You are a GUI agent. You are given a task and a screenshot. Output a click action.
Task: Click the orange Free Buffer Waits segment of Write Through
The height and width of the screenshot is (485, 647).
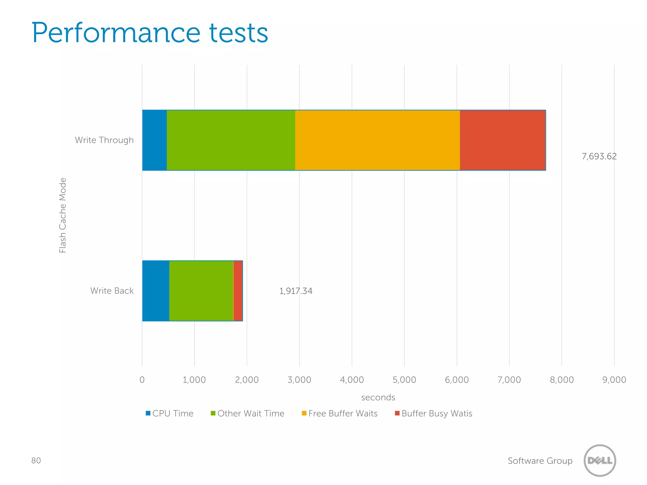pos(377,140)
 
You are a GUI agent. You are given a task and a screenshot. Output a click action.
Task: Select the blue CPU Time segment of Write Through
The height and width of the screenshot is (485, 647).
pos(154,140)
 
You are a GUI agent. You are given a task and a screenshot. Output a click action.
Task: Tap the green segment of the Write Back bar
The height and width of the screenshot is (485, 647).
pos(201,291)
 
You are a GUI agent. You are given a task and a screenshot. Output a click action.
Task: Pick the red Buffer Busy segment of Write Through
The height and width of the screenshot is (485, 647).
pos(502,140)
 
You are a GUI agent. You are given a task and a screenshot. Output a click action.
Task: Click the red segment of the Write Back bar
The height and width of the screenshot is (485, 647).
pos(238,291)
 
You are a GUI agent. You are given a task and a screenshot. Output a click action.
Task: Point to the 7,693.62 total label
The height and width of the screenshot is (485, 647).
pos(599,156)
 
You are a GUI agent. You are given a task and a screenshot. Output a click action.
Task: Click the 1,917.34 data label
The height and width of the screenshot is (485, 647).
pos(296,291)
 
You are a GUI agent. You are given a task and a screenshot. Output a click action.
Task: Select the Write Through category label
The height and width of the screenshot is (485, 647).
pos(104,140)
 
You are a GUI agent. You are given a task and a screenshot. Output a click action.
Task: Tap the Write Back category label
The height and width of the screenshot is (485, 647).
pos(112,290)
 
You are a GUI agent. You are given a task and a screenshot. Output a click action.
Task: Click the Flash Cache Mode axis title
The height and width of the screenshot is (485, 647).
pos(63,215)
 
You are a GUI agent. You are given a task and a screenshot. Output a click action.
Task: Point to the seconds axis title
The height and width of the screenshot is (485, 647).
pos(378,397)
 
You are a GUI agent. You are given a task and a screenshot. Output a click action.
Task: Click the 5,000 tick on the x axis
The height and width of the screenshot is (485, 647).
pos(404,380)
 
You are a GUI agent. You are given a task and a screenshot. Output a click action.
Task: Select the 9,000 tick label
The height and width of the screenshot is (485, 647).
pos(614,380)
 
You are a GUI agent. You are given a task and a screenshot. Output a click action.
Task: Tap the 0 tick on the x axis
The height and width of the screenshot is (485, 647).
pos(142,380)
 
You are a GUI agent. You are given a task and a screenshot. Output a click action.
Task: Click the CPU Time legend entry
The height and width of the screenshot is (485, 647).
pos(170,413)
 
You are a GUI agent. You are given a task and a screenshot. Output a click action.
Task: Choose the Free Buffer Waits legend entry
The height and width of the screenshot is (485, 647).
pos(340,413)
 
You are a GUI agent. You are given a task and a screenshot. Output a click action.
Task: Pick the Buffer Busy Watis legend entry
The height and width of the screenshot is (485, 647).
pos(433,413)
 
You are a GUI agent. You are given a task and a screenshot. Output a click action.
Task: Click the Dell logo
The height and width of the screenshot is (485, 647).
pos(600,460)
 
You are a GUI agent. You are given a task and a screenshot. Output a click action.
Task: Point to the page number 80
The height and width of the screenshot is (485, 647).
pos(36,460)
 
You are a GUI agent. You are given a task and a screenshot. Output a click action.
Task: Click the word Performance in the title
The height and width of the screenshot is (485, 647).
pos(116,33)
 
